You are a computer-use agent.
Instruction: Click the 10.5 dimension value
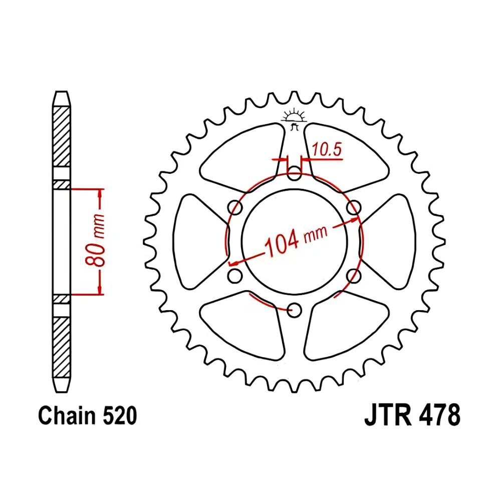pos(327,149)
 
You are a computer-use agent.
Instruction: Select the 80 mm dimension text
pos(95,241)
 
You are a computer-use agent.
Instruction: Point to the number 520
pos(120,415)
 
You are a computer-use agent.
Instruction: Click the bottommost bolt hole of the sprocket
pos(294,310)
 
